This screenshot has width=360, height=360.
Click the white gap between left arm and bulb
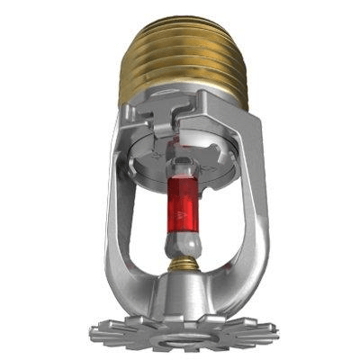(148, 225)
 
